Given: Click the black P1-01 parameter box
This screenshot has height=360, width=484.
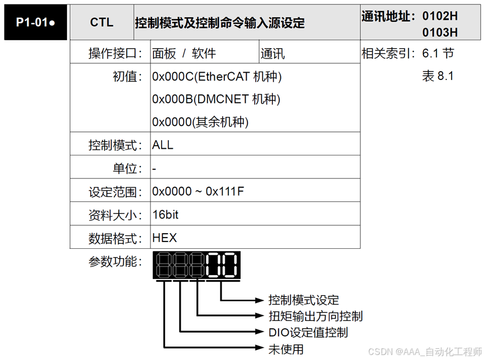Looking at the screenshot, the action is (x=35, y=23).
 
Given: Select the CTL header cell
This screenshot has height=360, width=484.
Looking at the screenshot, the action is (x=101, y=23).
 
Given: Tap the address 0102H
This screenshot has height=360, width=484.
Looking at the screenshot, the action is (x=440, y=16).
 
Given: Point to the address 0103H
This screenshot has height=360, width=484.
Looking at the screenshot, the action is (x=440, y=32).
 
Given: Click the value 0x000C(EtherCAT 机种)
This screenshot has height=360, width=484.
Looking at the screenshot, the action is (x=217, y=77).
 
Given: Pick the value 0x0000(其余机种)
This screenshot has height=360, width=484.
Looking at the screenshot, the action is (x=200, y=122).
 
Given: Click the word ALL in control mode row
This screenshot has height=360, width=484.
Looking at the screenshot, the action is (x=163, y=145).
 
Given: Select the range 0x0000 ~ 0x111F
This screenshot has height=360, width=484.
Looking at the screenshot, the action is (x=198, y=192).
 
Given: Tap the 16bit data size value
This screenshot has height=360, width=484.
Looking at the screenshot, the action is (x=166, y=215).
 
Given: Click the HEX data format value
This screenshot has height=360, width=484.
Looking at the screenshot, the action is (x=165, y=238).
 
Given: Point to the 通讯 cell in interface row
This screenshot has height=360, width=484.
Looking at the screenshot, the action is (x=272, y=54).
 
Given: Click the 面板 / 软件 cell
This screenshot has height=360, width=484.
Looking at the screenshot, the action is (x=184, y=54).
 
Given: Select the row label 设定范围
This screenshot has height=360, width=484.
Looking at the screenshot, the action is (x=112, y=192).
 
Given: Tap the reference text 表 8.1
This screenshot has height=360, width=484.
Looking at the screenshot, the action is (x=438, y=77).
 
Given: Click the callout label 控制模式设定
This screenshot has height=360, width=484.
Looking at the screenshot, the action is (x=304, y=300).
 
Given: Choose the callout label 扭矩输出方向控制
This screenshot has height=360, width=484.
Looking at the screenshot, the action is (x=316, y=316).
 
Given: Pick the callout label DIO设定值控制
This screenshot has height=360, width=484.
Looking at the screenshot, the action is (x=308, y=333).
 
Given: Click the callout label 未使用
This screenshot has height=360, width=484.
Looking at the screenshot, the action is (x=286, y=349).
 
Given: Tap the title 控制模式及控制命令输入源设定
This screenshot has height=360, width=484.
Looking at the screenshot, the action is (x=220, y=23).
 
